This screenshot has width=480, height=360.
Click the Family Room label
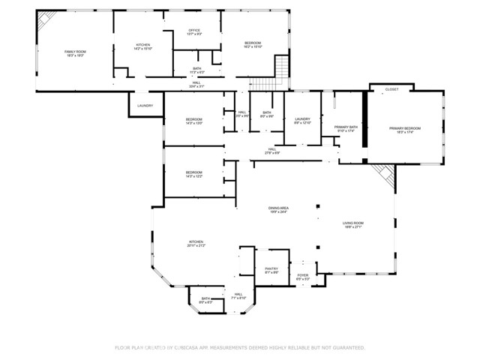(x=75, y=53)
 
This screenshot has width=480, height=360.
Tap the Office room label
(x=193, y=32)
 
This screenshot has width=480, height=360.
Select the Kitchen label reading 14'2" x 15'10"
(x=142, y=46)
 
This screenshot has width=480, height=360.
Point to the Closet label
(x=391, y=89)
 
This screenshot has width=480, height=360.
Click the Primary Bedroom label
(x=405, y=130)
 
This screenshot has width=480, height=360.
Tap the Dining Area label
(x=279, y=209)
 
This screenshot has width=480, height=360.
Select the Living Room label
(x=352, y=224)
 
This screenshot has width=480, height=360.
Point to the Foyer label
(x=302, y=277)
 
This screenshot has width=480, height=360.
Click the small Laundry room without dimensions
(x=145, y=106)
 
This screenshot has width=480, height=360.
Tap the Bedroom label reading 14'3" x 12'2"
(x=193, y=175)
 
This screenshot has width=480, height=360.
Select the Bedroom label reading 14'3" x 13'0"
(x=193, y=121)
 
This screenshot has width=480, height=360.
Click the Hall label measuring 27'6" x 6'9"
(x=273, y=151)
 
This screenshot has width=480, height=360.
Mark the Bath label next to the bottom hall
(x=205, y=300)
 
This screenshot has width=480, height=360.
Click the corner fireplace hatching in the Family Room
(x=46, y=18)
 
